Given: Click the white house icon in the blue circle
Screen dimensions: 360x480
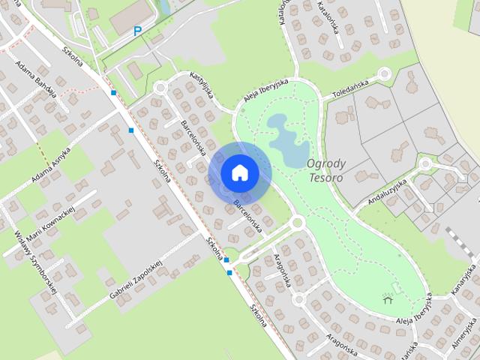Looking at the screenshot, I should coord(239,172).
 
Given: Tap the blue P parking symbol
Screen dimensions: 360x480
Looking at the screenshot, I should coord(137,31).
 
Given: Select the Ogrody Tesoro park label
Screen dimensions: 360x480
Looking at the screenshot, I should coord(325,171).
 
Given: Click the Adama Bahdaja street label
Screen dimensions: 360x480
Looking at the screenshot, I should coord(35,77).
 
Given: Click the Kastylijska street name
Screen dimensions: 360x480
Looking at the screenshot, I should coord(202,85).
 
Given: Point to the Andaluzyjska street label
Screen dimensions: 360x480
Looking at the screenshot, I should coord(387,190).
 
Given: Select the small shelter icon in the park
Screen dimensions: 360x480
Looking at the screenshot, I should coord(388,299).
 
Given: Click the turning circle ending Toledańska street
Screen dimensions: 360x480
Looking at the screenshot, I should coord(385,73).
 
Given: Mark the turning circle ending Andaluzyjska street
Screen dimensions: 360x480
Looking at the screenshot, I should coord(425,163).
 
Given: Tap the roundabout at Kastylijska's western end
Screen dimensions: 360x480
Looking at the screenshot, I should coord(160,87).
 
